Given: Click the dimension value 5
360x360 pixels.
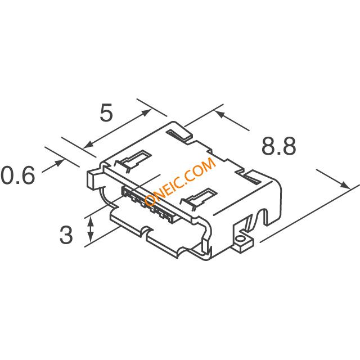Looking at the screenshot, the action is pos(106,112).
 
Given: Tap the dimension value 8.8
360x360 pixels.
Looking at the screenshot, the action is pos(279,146).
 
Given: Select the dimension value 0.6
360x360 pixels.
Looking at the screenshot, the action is pos(18,175).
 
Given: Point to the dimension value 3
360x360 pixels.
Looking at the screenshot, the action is pos(66,235).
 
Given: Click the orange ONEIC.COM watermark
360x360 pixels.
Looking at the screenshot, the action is pos(180,182).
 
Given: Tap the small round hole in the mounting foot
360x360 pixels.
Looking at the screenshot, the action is pos(240,239).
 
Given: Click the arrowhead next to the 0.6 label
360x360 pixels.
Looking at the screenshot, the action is pos(59,163).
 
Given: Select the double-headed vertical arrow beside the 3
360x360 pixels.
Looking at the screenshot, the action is pos(91,229).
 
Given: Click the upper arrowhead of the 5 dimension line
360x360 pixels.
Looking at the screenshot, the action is pos(146,112).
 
